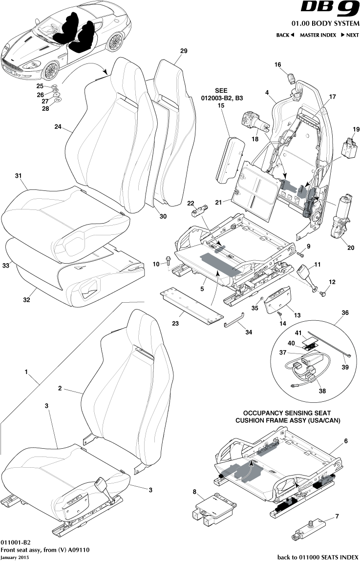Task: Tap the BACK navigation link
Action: click(x=285, y=35)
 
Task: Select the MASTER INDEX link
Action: click(x=318, y=35)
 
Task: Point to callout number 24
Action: click(x=58, y=126)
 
